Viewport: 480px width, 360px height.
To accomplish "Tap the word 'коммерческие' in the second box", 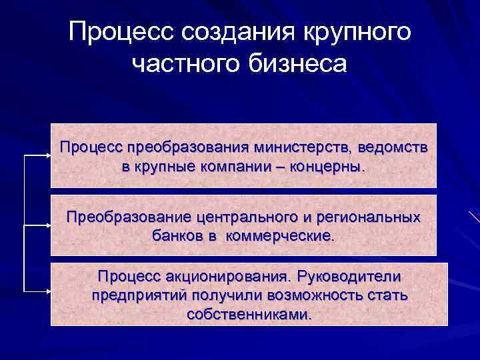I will coord(281,236).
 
